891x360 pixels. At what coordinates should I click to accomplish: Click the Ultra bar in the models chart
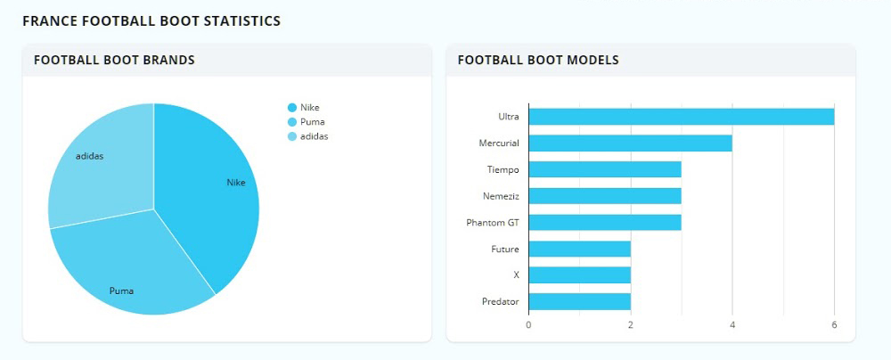pyautogui.click(x=681, y=117)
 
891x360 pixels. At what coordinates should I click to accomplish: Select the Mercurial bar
pyautogui.click(x=630, y=143)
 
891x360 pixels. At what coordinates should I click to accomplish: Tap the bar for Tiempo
pyautogui.click(x=604, y=169)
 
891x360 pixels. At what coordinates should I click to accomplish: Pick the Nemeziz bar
pyautogui.click(x=604, y=195)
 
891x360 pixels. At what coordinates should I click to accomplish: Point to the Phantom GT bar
pyautogui.click(x=604, y=222)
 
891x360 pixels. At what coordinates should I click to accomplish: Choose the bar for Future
pyautogui.click(x=579, y=249)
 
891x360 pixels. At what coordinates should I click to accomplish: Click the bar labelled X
pyautogui.click(x=579, y=274)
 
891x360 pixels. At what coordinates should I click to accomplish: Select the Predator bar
pyautogui.click(x=579, y=301)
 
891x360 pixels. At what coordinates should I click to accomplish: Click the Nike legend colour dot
pyautogui.click(x=292, y=108)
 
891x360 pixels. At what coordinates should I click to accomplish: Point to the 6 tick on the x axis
pyautogui.click(x=834, y=324)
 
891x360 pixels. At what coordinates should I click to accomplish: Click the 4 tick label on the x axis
pyautogui.click(x=732, y=324)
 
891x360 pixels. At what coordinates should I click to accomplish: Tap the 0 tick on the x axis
pyautogui.click(x=528, y=324)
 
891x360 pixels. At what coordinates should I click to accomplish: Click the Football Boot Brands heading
pyautogui.click(x=114, y=61)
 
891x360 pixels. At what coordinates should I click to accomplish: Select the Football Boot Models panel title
pyautogui.click(x=538, y=61)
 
